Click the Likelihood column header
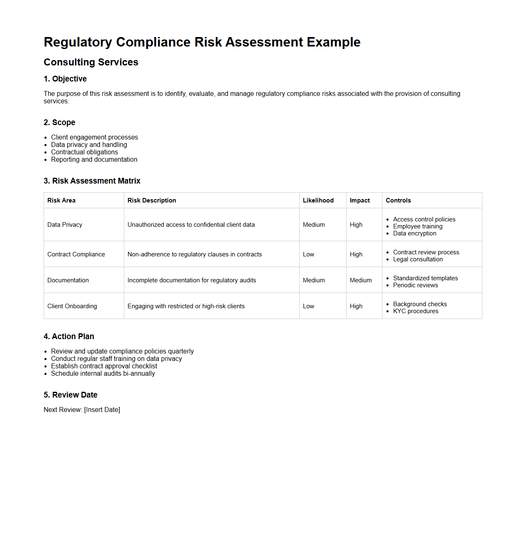[x=318, y=200]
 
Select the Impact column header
[x=360, y=200]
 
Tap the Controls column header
[x=398, y=200]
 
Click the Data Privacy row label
[x=65, y=225]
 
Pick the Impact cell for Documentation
[x=361, y=280]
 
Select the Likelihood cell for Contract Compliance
[x=308, y=254]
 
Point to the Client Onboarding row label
[x=72, y=306]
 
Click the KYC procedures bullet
[x=416, y=311]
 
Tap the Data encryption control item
[x=414, y=233]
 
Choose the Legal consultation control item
[x=418, y=259]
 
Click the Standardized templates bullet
[x=425, y=278]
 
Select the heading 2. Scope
[x=59, y=123]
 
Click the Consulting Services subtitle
[x=91, y=62]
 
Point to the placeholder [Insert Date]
[x=102, y=410]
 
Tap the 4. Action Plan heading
[x=69, y=337]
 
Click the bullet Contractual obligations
[x=84, y=152]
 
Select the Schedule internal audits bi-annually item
[x=103, y=374]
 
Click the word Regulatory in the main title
[x=78, y=42]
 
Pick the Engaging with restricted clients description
[x=186, y=306]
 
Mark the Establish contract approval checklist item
[x=104, y=366]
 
